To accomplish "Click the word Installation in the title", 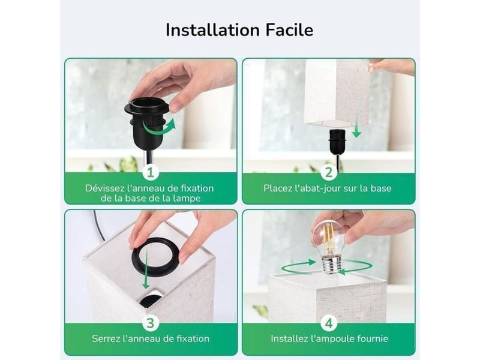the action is (212, 30).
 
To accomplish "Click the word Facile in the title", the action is (289, 30).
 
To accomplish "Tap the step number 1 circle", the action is (151, 172).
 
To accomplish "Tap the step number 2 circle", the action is (329, 172).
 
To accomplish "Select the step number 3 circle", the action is (151, 323).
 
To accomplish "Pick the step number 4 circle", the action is (329, 323).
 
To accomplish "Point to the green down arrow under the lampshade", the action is (356, 131).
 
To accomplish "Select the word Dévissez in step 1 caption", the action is (105, 188).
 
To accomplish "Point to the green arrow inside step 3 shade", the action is (146, 269).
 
